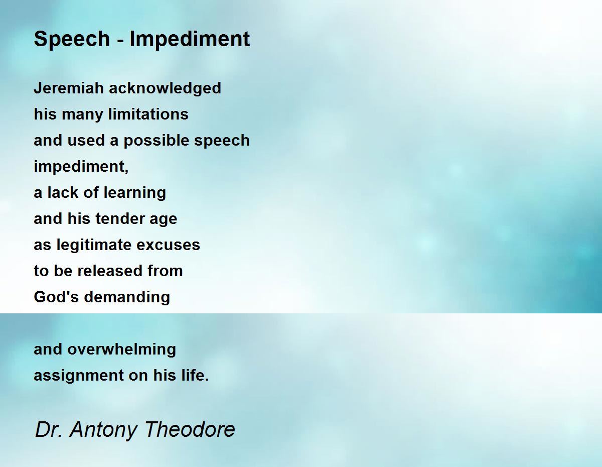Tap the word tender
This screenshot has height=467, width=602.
coord(120,219)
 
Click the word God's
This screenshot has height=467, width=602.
coord(56,297)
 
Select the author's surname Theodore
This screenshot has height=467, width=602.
coord(190,429)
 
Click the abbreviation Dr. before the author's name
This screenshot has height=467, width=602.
coord(49,429)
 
